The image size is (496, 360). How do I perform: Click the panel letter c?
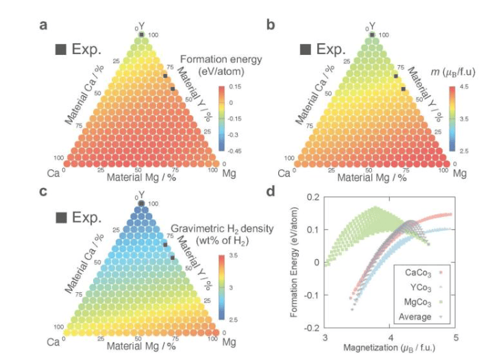[x=43, y=191]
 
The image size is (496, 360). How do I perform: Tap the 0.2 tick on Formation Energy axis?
[x=314, y=197]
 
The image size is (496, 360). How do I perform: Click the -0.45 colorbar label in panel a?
[x=234, y=149]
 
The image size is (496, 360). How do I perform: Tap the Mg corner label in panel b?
[x=459, y=173]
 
